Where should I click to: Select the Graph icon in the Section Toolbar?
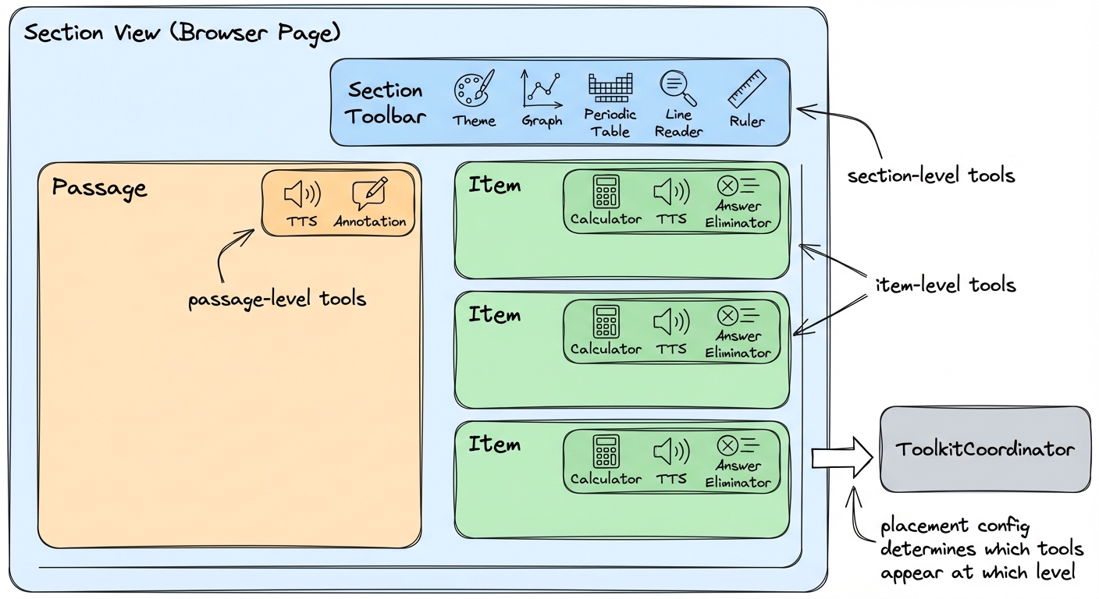(x=542, y=90)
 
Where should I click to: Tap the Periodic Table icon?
(x=610, y=88)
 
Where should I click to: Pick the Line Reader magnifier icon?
(x=678, y=87)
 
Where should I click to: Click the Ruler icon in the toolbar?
(x=747, y=89)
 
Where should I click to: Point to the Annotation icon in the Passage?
(x=369, y=193)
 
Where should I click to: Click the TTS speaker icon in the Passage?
(x=301, y=193)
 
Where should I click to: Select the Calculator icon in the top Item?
(x=606, y=191)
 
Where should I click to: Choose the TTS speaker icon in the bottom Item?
(x=671, y=450)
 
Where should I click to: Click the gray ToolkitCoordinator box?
(x=985, y=449)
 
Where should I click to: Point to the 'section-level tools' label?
(x=930, y=175)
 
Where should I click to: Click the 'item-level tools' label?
(x=944, y=285)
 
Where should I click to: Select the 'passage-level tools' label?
(x=277, y=299)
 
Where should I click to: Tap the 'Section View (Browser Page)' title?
(x=182, y=34)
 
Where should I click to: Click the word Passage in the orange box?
(x=99, y=188)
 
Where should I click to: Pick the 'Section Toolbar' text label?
(x=386, y=103)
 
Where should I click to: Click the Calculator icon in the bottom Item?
(x=606, y=451)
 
